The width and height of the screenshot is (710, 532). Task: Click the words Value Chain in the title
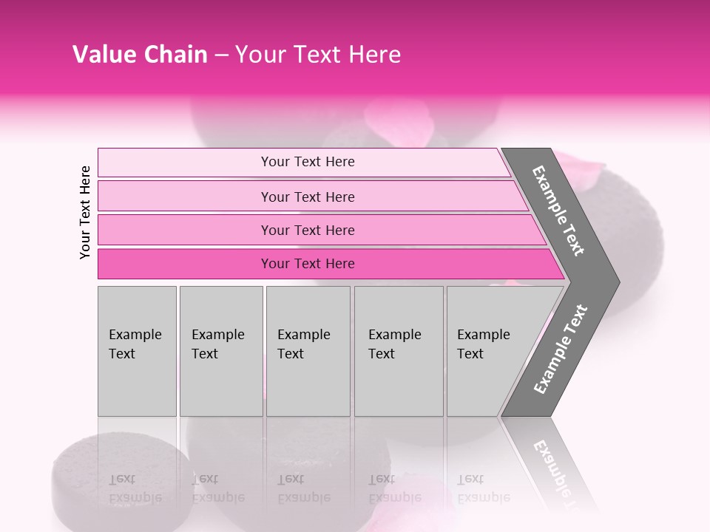[140, 55]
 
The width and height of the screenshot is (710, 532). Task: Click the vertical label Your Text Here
[85, 212]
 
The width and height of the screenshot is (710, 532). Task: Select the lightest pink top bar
[185, 162]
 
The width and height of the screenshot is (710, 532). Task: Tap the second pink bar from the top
[185, 197]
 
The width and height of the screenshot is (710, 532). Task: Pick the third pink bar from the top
[185, 230]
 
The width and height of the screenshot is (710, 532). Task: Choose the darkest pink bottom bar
[185, 264]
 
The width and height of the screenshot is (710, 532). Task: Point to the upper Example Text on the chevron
[558, 211]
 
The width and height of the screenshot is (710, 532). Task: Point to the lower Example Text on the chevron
[561, 349]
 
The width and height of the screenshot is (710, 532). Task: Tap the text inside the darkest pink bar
[308, 264]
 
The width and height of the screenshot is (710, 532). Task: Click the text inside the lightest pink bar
[308, 162]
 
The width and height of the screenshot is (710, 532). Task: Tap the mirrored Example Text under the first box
[135, 488]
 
